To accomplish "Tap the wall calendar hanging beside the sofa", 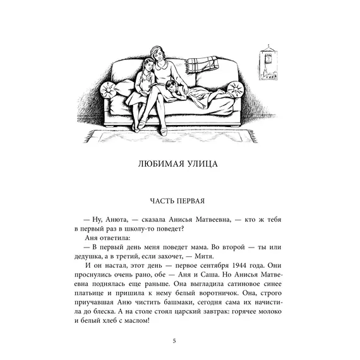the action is coord(268,65).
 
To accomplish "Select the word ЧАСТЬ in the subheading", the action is coord(164,201).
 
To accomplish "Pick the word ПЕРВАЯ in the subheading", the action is coord(193,201).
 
